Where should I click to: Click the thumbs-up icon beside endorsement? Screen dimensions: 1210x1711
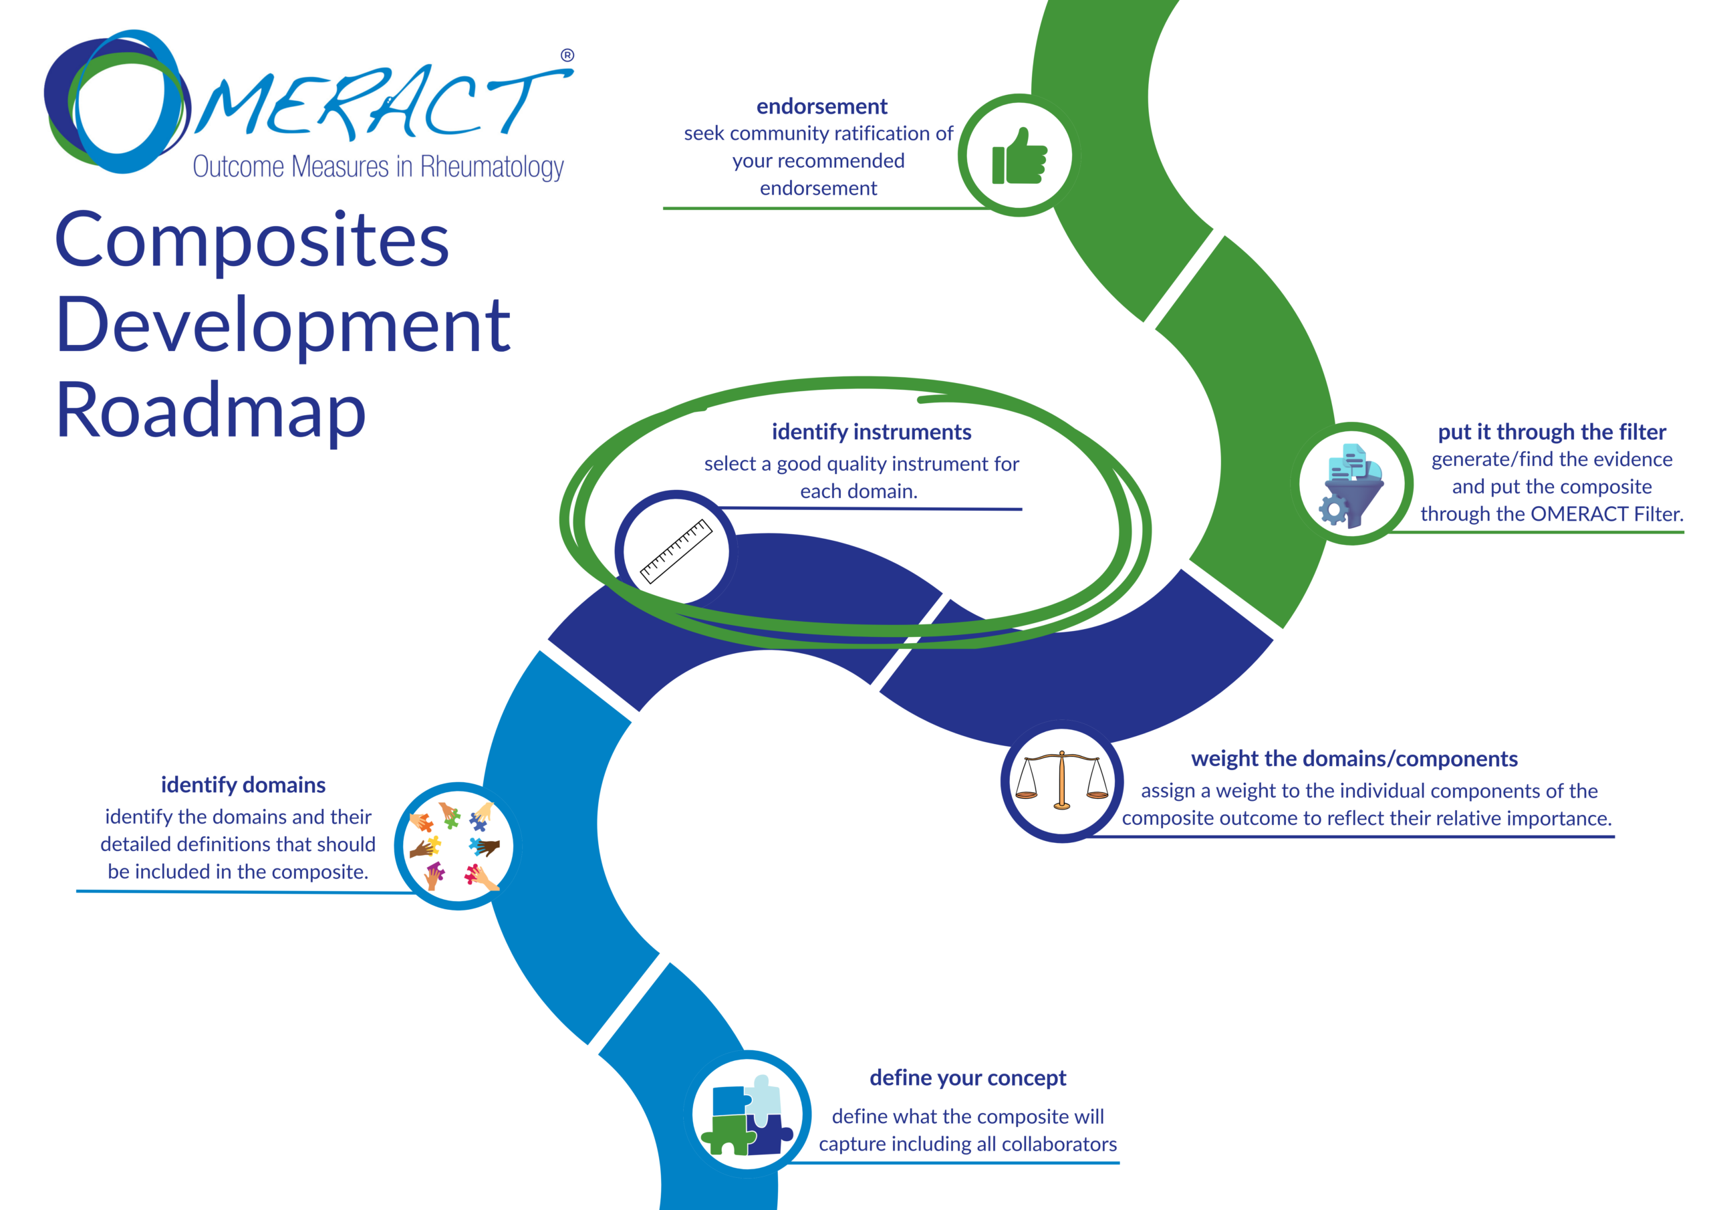point(1019,156)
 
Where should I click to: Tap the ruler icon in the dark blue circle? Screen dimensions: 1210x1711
point(676,550)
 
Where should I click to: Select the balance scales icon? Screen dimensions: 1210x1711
point(1062,781)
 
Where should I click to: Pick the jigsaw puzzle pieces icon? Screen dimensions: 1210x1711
point(747,1114)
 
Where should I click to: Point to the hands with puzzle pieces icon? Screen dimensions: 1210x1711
point(456,846)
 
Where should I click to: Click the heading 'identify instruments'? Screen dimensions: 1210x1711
point(871,432)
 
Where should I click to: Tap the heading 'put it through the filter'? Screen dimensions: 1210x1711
point(1551,432)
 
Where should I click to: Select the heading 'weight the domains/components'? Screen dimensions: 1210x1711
point(1354,758)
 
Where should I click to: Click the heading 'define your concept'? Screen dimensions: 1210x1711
point(967,1077)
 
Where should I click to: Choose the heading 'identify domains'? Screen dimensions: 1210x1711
point(243,784)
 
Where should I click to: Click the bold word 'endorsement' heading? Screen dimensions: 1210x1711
point(821,106)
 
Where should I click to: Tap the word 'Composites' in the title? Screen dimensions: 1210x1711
point(252,240)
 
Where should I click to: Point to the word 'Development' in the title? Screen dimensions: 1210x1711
point(283,325)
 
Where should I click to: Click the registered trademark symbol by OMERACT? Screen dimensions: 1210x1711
point(567,55)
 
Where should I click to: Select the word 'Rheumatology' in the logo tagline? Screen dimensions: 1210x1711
point(492,167)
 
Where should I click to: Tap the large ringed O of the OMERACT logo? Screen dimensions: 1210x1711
point(119,101)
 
